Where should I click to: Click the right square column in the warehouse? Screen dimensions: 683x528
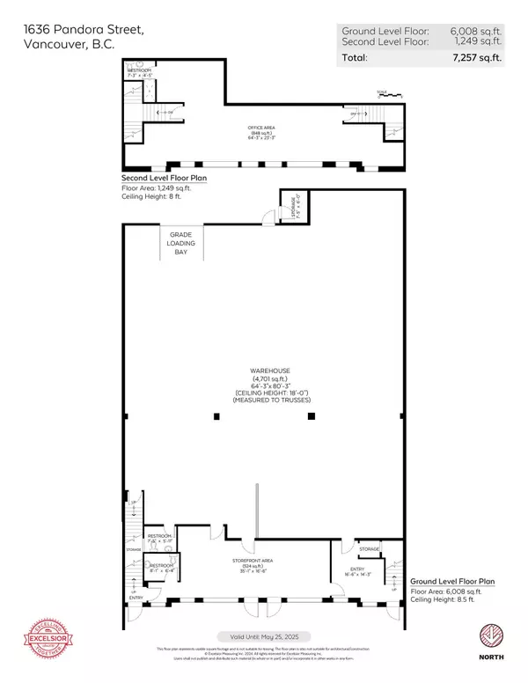310,417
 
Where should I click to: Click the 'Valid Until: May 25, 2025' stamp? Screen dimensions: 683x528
263,636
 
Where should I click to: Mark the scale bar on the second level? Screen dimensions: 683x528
383,92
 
